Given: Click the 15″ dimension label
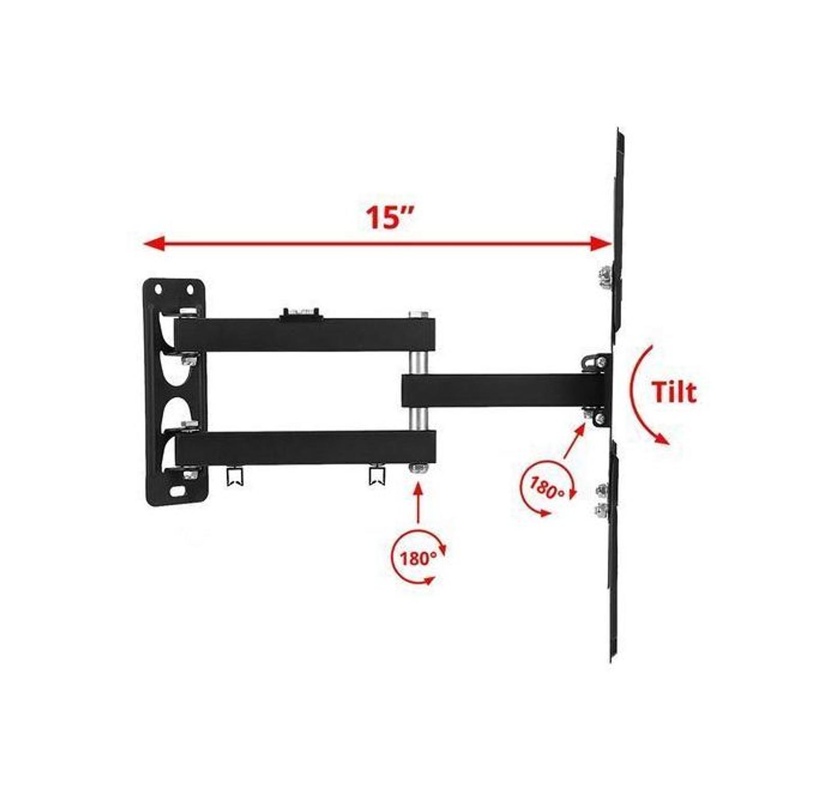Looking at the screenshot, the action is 389,217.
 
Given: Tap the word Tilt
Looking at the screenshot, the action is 674,392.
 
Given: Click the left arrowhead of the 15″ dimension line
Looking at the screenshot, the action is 154,244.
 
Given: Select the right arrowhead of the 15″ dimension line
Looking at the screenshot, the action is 602,243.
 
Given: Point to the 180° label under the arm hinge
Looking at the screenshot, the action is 418,558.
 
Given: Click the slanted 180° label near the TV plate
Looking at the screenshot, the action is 546,487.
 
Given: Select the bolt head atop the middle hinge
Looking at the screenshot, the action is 418,314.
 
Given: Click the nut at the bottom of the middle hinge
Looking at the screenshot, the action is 418,468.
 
